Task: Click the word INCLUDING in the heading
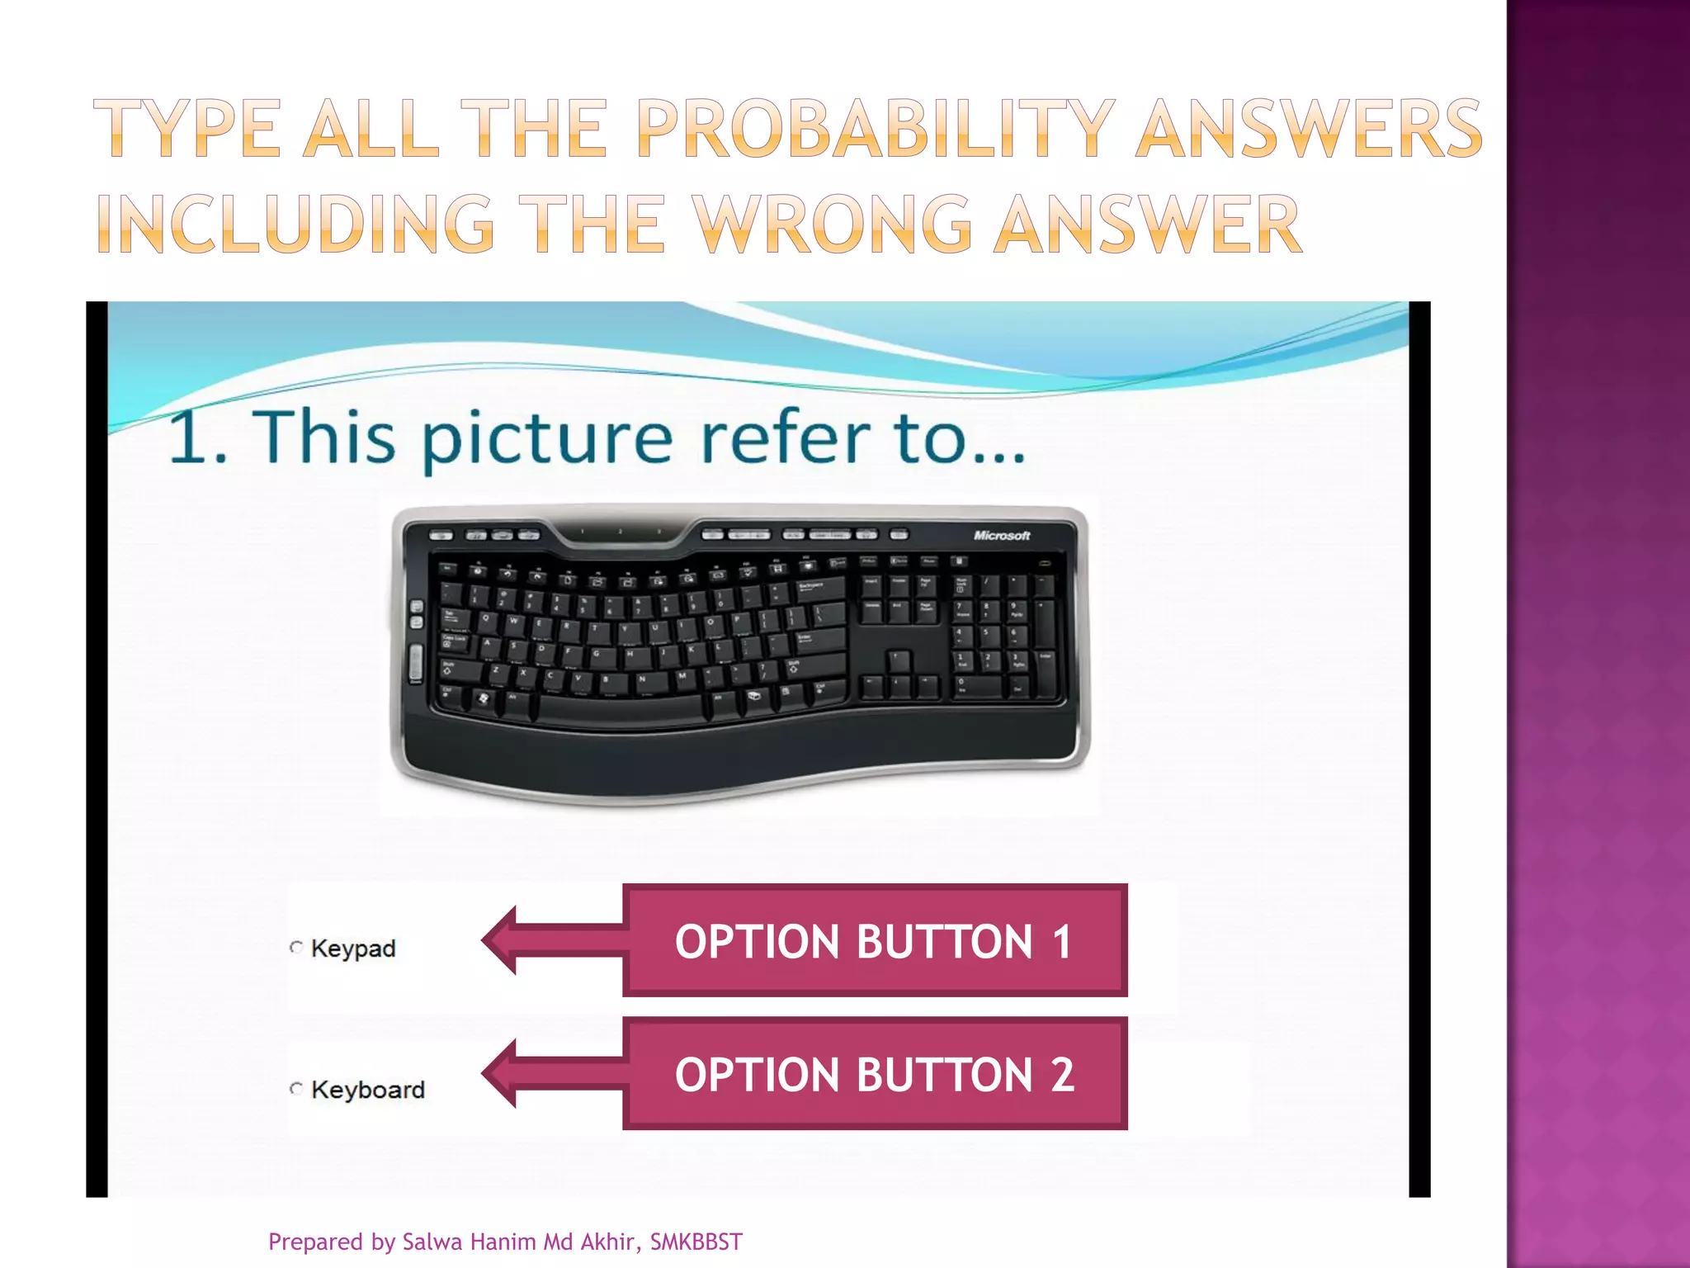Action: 295,224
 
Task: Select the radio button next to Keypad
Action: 296,947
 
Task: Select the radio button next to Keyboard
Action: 296,1088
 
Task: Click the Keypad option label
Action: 353,949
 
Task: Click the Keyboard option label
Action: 368,1090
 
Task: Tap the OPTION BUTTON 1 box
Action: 875,941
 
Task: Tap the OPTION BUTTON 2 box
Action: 875,1074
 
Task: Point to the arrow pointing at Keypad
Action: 551,940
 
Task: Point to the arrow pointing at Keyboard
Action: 551,1073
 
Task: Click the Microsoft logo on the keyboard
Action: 1002,536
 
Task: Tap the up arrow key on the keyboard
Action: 899,660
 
